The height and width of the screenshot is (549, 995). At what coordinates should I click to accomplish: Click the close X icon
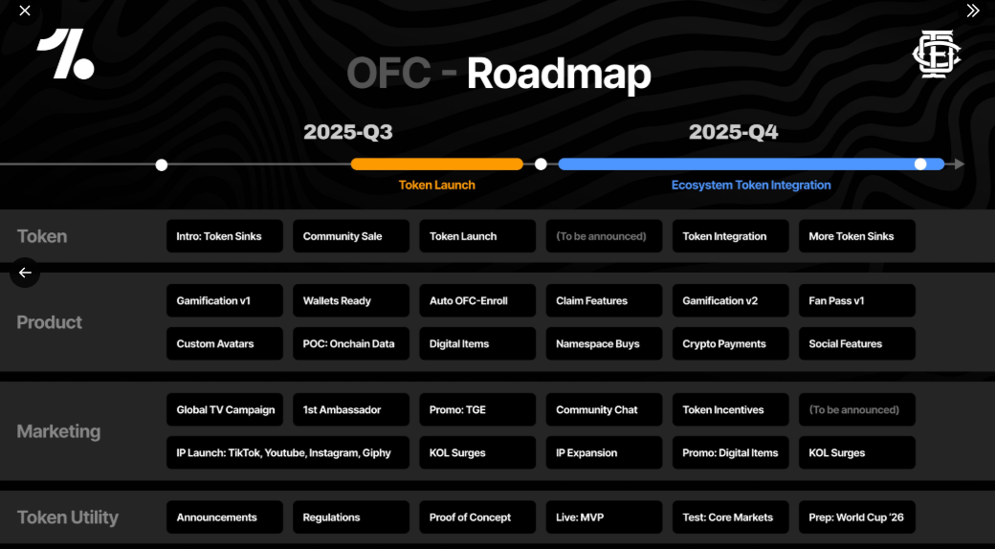tap(25, 11)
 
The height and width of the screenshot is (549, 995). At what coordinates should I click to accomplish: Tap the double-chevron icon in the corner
tap(973, 11)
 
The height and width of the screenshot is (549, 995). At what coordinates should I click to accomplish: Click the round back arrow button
tap(25, 273)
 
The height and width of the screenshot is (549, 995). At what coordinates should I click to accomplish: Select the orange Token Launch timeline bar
tap(436, 165)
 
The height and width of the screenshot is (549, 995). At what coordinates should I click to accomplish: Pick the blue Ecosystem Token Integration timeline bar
tap(751, 165)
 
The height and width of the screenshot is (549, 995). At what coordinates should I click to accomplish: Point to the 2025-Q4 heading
tap(733, 132)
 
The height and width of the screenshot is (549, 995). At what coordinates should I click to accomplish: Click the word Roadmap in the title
tap(559, 75)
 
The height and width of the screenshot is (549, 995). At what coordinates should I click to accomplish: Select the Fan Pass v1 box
tap(856, 301)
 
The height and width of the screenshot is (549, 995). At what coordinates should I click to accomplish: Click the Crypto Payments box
tap(730, 344)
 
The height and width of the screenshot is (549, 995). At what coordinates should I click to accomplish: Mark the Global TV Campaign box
tap(225, 410)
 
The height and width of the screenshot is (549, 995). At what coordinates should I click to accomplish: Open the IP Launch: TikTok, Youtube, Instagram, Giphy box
tap(288, 453)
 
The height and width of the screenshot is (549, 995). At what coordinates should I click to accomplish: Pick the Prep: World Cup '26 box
tap(856, 517)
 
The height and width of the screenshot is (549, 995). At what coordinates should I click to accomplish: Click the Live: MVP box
tap(604, 517)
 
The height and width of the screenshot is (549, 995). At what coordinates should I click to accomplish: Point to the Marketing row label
tap(58, 431)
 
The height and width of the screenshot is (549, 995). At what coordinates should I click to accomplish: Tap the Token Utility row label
tap(68, 517)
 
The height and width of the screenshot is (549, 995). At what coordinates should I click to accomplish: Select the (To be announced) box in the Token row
tap(604, 236)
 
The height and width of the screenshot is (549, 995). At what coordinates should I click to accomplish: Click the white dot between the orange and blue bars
tap(541, 165)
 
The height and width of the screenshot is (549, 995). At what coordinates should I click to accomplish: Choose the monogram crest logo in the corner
tap(936, 54)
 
